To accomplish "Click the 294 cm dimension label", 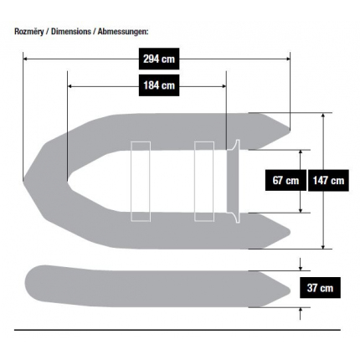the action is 159,59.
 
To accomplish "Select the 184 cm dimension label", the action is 159,85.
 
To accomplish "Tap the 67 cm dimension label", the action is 285,180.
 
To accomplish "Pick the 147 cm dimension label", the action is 328,180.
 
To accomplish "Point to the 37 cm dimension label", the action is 320,288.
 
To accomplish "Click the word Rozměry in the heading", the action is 29,32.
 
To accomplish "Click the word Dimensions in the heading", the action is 71,32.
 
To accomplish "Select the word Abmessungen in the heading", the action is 121,32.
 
